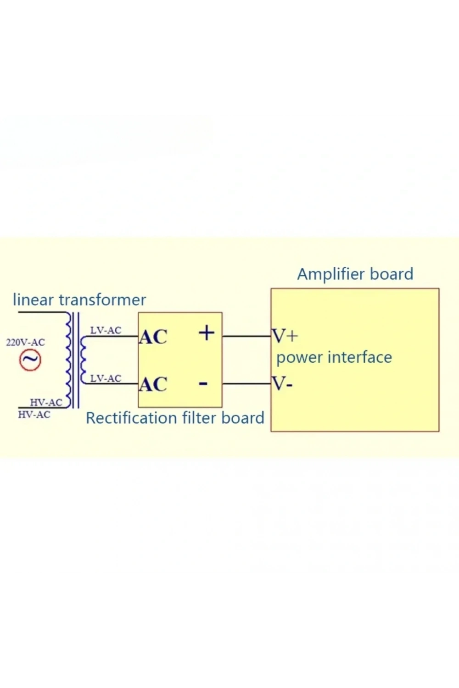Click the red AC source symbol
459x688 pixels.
point(30,361)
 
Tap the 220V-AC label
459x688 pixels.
point(26,342)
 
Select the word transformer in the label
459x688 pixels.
point(102,300)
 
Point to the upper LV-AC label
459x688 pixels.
point(106,331)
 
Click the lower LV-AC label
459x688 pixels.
point(106,378)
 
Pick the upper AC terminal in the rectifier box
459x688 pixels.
point(153,337)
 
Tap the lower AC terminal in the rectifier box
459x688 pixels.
point(153,384)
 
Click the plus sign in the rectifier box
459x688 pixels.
point(207,333)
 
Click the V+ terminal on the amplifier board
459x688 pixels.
point(285,336)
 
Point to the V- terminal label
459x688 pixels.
point(282,383)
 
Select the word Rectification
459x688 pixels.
point(131,418)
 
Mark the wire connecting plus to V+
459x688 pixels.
point(246,336)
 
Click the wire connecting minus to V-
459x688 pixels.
point(246,383)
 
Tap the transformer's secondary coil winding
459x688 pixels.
point(83,359)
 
